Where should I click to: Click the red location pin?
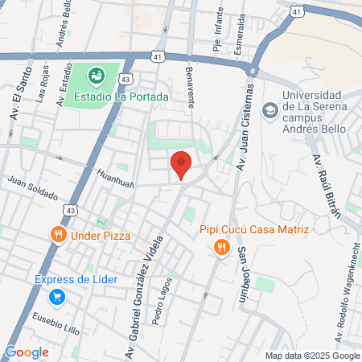point(182,164)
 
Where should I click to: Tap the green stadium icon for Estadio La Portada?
point(97,76)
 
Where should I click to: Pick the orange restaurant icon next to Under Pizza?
point(57,235)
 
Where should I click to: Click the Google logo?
point(27,352)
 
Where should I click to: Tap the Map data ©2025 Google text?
point(313,356)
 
